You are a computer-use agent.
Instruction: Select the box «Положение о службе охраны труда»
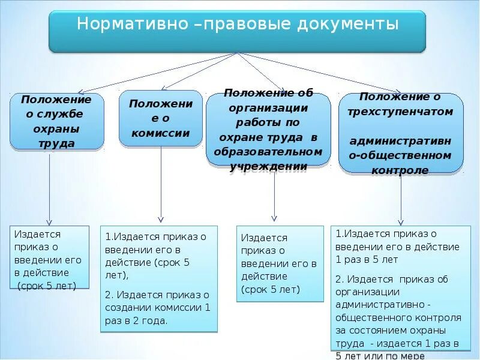pos(57,121)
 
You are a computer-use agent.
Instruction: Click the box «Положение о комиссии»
pos(161,118)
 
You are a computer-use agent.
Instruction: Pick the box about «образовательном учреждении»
pos(268,130)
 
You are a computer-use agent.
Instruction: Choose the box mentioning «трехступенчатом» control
pos(401,133)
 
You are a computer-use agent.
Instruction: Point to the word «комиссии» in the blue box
pos(161,133)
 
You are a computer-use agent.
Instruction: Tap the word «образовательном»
pos(268,152)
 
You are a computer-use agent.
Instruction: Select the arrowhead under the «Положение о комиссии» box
pos(161,218)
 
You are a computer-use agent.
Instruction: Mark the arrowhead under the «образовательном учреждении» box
pos(274,218)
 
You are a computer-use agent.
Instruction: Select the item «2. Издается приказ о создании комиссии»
pos(157,301)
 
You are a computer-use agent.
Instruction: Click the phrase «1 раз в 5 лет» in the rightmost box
pos(367,260)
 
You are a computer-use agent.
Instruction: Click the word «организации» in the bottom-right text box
pos(368,292)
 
